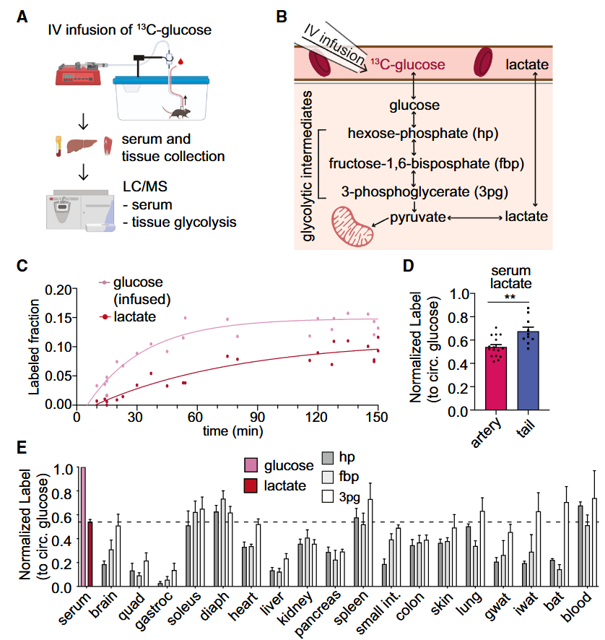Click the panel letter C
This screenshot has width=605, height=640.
[x=22, y=264]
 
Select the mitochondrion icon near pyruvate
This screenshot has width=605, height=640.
[x=353, y=226]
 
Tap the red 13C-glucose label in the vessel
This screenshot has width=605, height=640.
[x=407, y=65]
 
